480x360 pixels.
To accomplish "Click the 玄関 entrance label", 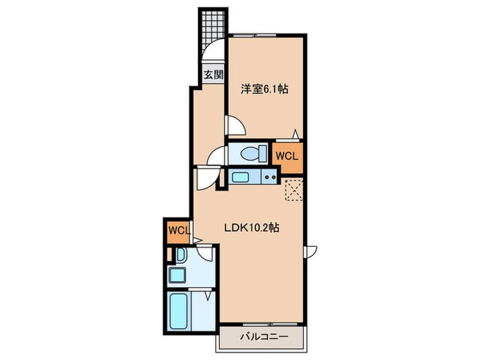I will click(x=213, y=75).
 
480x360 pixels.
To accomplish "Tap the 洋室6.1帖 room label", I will click(x=263, y=89).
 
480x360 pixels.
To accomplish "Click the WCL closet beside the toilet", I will click(x=287, y=156).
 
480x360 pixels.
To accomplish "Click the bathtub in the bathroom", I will click(x=179, y=311).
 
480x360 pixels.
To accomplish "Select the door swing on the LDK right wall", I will click(x=312, y=252).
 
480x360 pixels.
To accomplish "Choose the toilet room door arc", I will click(x=218, y=156).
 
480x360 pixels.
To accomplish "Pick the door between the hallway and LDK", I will click(x=204, y=179).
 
